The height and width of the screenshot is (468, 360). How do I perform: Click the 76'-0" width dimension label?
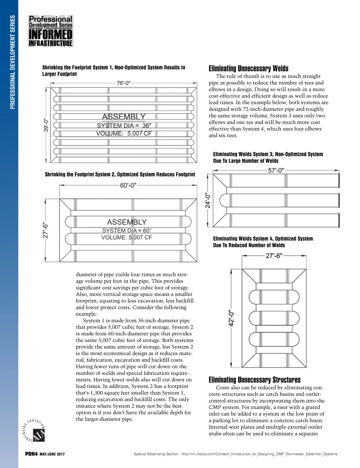coord(123,83)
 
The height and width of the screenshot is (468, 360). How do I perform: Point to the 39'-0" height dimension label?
coord(46,125)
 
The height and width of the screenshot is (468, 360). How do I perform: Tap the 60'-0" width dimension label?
coord(128,185)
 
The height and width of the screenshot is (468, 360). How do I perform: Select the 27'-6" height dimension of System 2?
coord(46,230)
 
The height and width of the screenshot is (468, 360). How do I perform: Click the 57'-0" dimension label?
coord(276,170)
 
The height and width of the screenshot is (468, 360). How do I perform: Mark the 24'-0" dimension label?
coord(208,200)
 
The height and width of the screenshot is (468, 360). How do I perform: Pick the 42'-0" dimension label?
coord(232,318)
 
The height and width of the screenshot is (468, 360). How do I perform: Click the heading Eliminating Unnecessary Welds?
coord(249,68)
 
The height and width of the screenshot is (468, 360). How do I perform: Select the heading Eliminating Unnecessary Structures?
coord(255,380)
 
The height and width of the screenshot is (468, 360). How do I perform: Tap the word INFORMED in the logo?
coord(51,34)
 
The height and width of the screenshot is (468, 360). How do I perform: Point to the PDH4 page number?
coord(31,454)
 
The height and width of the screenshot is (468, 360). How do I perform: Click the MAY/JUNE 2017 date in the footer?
coord(52,454)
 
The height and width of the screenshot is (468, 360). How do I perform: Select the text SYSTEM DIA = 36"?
coord(124,126)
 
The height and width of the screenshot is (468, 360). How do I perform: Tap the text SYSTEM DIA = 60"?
coord(127,230)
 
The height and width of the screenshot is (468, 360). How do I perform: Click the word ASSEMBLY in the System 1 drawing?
coord(124,117)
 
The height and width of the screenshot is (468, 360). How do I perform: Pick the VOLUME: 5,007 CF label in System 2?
coord(127,238)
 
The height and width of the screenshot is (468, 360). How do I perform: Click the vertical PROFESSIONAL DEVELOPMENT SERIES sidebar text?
coord(13,62)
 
